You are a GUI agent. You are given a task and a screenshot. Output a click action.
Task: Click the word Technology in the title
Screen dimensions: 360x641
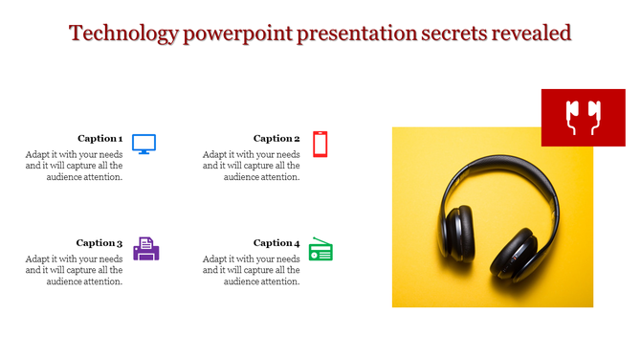point(123,34)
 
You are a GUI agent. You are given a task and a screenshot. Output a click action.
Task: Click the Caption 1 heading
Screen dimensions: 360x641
point(99,138)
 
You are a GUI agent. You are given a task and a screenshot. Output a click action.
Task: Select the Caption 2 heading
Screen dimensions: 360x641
point(276,138)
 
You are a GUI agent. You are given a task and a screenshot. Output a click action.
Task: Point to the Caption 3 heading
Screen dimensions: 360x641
point(99,243)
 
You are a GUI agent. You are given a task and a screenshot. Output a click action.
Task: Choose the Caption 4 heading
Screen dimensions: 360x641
point(276,243)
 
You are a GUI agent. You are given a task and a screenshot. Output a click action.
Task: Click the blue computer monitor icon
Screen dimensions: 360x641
point(144,144)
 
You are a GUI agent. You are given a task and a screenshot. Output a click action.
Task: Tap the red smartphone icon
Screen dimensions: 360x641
point(320,144)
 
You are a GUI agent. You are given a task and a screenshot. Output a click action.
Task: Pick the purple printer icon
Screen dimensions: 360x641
point(146,249)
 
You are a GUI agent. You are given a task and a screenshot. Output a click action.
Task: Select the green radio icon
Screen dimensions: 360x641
point(320,250)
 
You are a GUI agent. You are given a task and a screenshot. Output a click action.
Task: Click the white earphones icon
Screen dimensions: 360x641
point(583,117)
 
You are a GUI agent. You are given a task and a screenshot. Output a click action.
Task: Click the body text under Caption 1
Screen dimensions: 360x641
point(75,166)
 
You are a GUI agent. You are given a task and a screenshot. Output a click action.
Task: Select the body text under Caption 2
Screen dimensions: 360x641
point(252,166)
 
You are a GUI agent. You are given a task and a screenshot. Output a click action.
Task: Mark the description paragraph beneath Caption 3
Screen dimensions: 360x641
point(75,270)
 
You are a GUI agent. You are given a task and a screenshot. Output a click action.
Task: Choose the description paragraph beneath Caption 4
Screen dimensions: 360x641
point(252,270)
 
